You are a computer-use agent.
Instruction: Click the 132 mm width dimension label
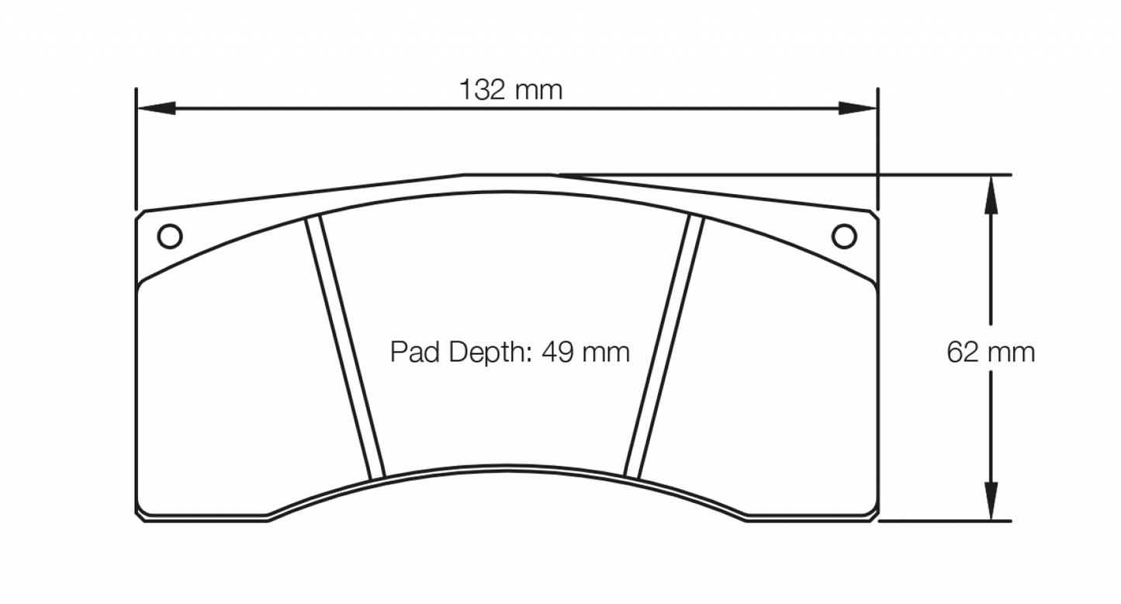(x=510, y=91)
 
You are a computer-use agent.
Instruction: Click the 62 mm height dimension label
(x=991, y=352)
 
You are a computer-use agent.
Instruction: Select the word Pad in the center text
(x=411, y=352)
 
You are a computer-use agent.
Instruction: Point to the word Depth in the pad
(x=482, y=353)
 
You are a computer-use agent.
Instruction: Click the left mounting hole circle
(x=169, y=234)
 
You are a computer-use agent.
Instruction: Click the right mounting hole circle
(x=844, y=234)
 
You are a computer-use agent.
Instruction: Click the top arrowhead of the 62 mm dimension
(x=991, y=194)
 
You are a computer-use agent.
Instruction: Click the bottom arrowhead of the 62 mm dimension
(x=991, y=502)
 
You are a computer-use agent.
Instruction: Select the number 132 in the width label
(x=483, y=91)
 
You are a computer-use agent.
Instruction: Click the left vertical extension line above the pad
(x=137, y=148)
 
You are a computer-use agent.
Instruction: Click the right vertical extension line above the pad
(x=877, y=148)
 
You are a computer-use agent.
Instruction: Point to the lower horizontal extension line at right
(x=946, y=521)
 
